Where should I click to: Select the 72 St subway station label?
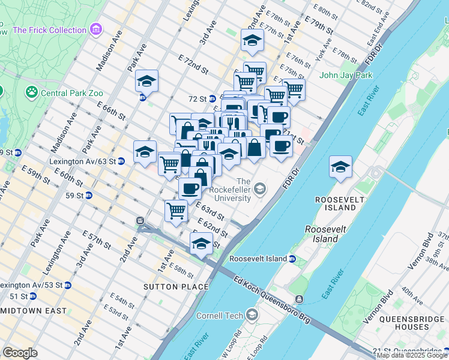[x=198, y=98]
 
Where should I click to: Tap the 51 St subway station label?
[x=18, y=296]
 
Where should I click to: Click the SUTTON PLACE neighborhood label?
[x=167, y=287]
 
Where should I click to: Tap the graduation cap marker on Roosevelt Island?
[x=340, y=167]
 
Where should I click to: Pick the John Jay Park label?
[x=346, y=75]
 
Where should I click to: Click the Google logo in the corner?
[x=20, y=353]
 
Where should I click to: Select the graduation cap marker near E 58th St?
[x=201, y=244]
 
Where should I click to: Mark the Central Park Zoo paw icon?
[x=31, y=92]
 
